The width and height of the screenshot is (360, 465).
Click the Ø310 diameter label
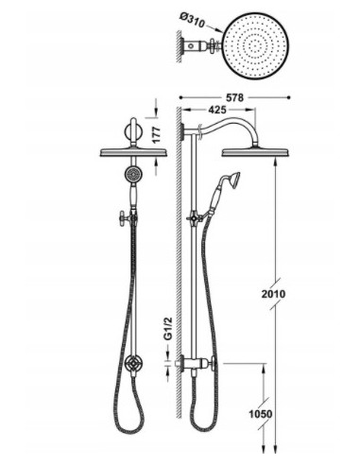[x=193, y=21]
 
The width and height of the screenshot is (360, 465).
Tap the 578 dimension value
[x=234, y=97]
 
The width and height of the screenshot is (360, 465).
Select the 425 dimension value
[x=217, y=110]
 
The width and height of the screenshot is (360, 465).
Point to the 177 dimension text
[x=158, y=134]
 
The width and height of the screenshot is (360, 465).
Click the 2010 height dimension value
[x=273, y=294]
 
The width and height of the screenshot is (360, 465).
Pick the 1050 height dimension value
[x=261, y=413]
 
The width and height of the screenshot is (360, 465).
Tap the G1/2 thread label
[x=168, y=329]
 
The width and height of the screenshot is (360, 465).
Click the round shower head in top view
[x=255, y=46]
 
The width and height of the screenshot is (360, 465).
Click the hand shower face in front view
[x=132, y=174]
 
